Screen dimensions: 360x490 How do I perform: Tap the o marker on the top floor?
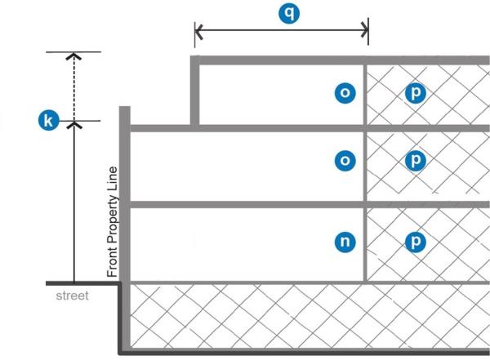(345, 92)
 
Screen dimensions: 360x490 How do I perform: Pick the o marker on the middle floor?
(345, 160)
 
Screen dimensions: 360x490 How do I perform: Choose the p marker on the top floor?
(416, 92)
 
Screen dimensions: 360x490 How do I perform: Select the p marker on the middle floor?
(416, 160)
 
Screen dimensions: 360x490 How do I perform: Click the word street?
(72, 296)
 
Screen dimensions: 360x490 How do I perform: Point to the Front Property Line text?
(113, 221)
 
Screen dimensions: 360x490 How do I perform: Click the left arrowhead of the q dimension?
(198, 33)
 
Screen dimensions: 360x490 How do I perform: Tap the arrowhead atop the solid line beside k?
(74, 124)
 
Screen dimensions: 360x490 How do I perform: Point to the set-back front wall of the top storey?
(194, 91)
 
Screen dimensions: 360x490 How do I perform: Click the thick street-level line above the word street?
(82, 282)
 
